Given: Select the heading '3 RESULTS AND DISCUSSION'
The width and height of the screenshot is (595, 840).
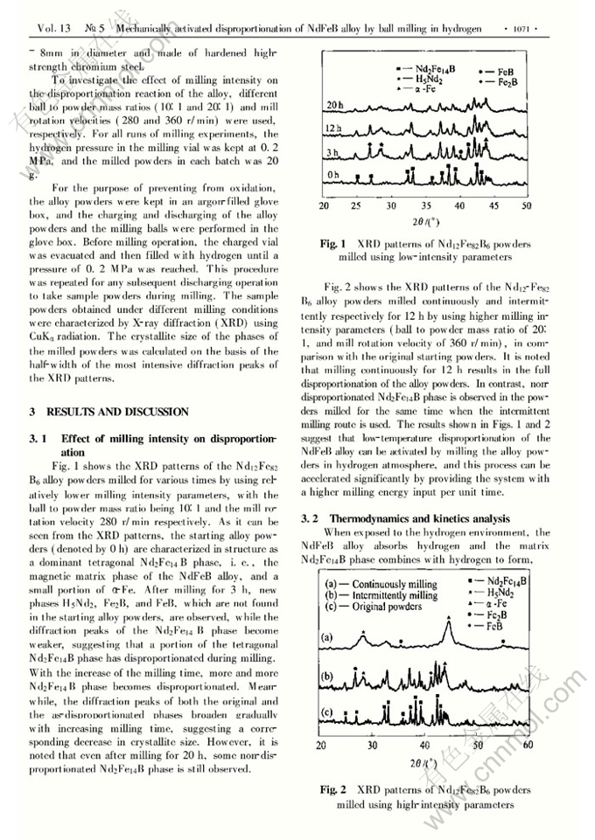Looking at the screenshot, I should coord(108,411).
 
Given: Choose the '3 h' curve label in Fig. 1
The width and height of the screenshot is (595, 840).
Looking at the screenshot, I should coord(333,152).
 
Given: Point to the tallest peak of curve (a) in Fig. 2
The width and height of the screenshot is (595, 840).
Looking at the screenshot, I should coord(449,622).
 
